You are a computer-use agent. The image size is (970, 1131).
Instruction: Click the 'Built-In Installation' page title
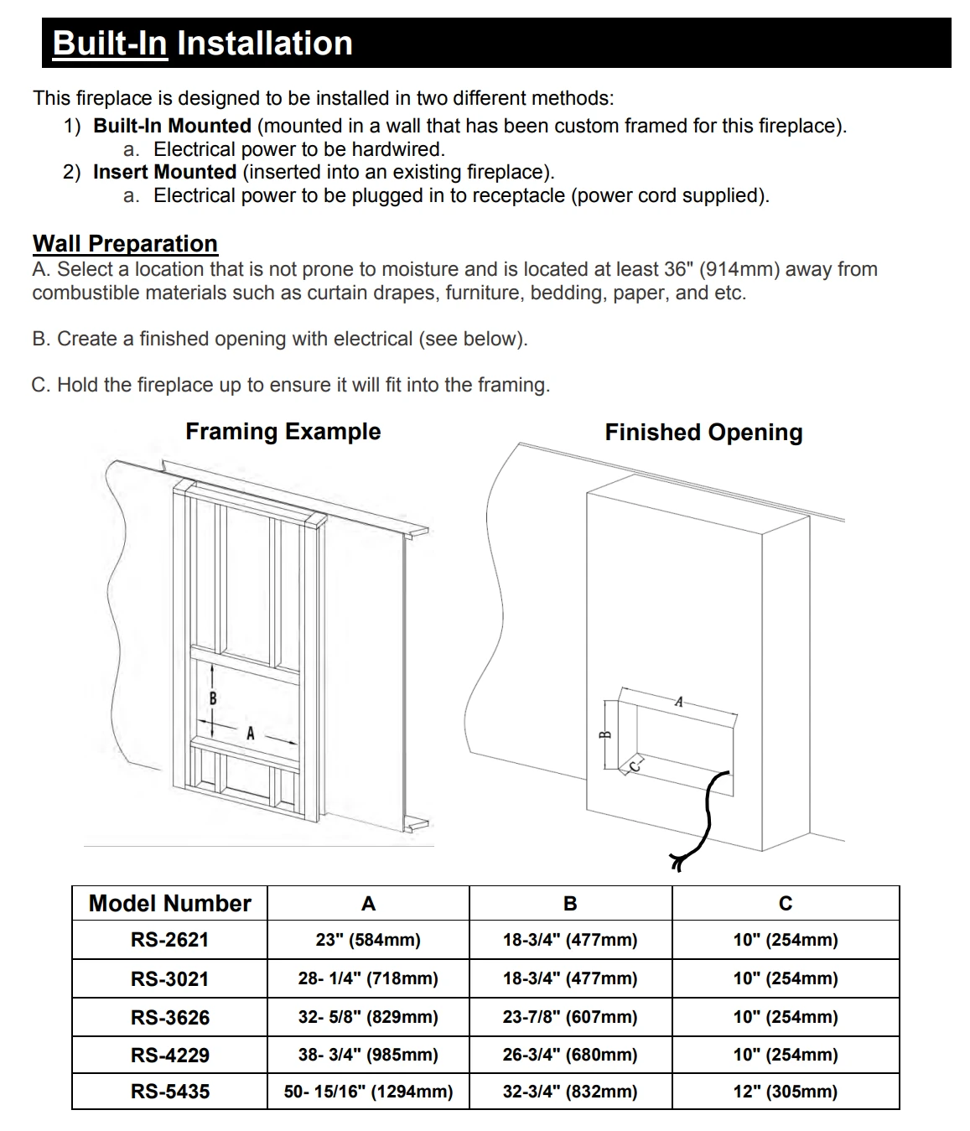[202, 44]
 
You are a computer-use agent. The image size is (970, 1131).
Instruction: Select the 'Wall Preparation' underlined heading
[125, 244]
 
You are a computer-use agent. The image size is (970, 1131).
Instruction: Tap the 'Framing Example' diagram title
[283, 432]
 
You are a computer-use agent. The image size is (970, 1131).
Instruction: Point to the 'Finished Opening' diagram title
[703, 433]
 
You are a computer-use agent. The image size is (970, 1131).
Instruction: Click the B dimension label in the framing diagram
[213, 698]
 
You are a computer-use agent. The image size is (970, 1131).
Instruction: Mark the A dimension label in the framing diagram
[250, 734]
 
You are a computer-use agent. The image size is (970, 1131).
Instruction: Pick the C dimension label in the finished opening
[635, 764]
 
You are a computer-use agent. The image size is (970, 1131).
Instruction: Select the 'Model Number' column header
[169, 904]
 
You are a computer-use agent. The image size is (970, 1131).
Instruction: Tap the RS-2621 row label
[169, 940]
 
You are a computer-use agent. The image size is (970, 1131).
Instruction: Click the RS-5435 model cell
[169, 1092]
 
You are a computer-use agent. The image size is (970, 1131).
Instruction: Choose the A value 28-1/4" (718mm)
[368, 978]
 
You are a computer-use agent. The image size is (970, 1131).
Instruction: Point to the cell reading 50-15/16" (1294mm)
[368, 1092]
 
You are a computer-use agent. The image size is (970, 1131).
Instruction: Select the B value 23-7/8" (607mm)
[570, 1017]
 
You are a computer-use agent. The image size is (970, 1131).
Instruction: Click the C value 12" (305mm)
[785, 1092]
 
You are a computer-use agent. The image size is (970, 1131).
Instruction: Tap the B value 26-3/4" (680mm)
[570, 1055]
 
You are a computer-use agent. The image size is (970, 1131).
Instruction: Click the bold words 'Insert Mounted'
[164, 172]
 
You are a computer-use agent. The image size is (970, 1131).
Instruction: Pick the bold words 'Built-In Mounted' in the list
[172, 126]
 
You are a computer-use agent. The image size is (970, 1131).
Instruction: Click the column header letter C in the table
[785, 904]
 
